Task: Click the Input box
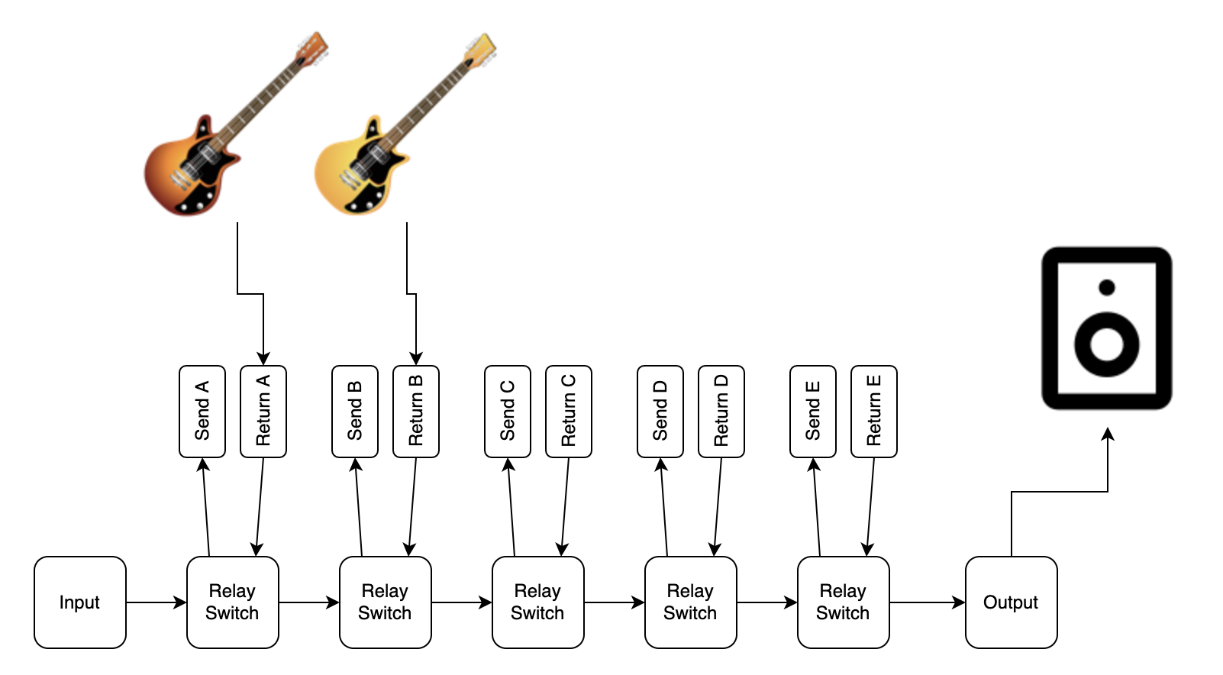pos(80,602)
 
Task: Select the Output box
pos(1011,602)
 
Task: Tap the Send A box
pos(202,412)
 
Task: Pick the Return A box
pos(263,412)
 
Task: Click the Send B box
pos(355,412)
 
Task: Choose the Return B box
pos(416,412)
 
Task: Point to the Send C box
pos(508,412)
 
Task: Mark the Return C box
pos(569,412)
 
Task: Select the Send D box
pos(660,412)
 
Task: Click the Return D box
pos(721,412)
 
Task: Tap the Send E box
pos(813,412)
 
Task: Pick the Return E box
pos(874,412)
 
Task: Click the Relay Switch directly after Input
pos(233,602)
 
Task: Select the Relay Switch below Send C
pos(538,602)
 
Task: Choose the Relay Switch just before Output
pos(844,602)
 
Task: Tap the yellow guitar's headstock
pos(481,47)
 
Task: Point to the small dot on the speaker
pos(1107,288)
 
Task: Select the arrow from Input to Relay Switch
pos(157,602)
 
